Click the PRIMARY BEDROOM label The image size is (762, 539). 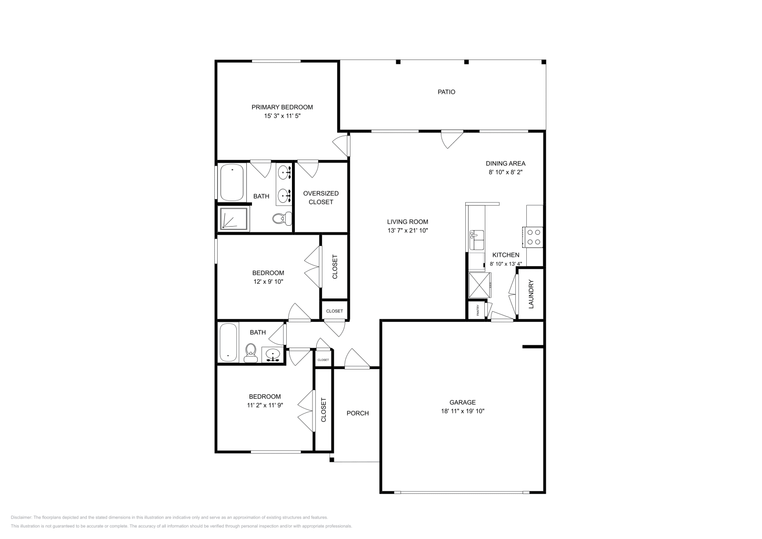click(282, 107)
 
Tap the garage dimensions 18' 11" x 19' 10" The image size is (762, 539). click(462, 411)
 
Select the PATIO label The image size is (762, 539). click(446, 92)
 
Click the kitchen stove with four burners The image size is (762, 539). click(533, 237)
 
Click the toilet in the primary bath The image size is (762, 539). click(281, 219)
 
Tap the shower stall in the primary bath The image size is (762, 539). click(234, 219)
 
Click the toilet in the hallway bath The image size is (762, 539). click(251, 352)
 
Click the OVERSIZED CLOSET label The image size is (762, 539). click(321, 198)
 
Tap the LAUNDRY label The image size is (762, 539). click(531, 294)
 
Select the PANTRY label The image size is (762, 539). click(478, 310)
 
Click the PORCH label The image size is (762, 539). click(357, 413)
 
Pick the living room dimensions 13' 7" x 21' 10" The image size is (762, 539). click(407, 230)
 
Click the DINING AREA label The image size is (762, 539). click(505, 163)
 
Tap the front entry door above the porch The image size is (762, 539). click(356, 360)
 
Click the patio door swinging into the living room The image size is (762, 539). click(451, 138)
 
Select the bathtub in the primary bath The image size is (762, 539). click(232, 182)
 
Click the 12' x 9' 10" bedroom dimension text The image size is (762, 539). click(268, 281)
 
